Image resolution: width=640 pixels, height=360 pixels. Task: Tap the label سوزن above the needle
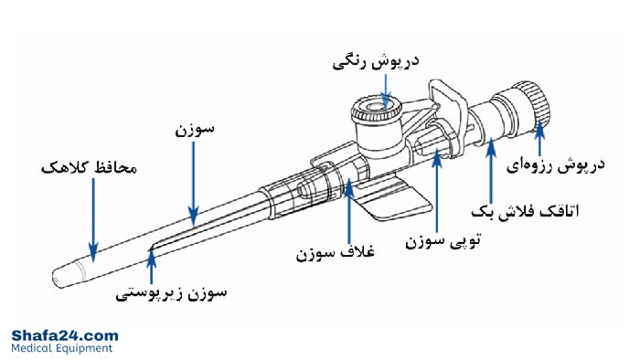click(194, 132)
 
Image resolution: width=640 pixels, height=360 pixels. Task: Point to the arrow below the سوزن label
click(194, 183)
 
